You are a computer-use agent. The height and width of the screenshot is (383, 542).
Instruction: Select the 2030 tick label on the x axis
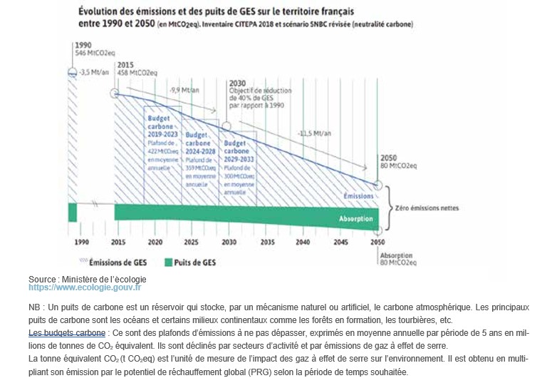tap(229, 242)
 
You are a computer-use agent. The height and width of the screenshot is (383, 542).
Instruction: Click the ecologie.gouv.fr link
tap(85, 287)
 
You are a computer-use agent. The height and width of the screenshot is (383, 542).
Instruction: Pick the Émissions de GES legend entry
tap(120, 262)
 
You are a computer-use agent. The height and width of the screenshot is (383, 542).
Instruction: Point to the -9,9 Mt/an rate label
tap(184, 90)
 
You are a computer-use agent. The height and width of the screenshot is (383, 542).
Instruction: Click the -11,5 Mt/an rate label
tap(313, 133)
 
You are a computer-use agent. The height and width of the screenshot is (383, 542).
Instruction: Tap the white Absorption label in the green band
tap(355, 218)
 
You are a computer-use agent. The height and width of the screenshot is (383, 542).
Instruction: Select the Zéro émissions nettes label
tap(428, 208)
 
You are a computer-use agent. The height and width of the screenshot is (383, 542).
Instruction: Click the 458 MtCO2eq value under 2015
tap(138, 72)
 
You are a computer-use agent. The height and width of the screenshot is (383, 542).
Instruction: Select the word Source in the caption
tap(42, 279)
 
